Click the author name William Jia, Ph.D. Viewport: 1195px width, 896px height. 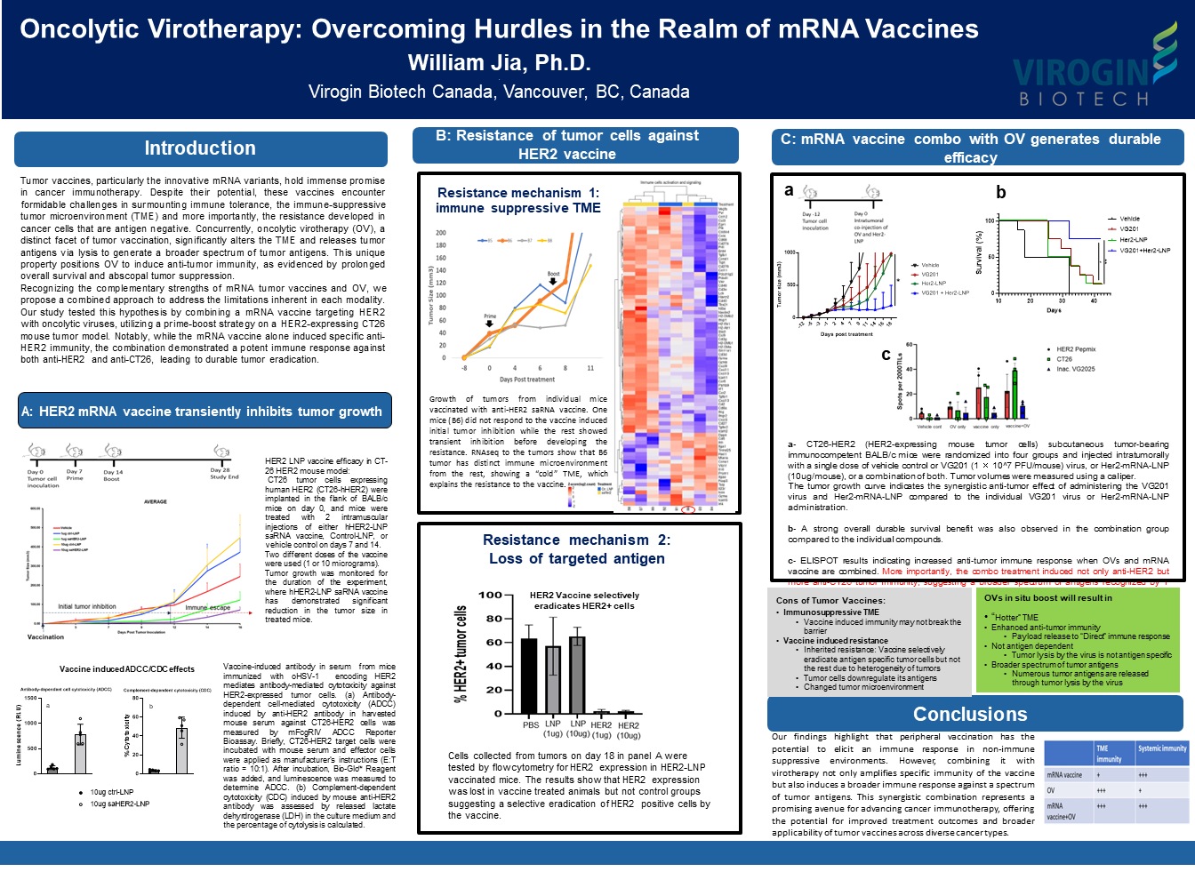click(499, 63)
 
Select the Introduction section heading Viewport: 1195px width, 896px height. click(200, 148)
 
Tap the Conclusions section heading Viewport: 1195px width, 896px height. click(970, 715)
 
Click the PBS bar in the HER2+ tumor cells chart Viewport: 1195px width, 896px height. click(529, 676)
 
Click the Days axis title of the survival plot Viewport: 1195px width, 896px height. click(1054, 310)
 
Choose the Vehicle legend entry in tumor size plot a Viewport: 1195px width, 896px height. click(930, 265)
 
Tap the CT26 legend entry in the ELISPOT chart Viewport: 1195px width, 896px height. click(1063, 359)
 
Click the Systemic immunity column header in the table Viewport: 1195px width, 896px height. click(1162, 748)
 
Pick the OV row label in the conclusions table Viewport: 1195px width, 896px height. click(1051, 790)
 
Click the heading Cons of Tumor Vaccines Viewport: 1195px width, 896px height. click(830, 600)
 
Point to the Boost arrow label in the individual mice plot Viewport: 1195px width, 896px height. click(553, 274)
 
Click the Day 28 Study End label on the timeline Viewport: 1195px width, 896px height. click(223, 473)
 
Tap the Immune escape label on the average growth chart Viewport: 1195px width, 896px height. click(207, 608)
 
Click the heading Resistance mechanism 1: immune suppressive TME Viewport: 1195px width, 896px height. click(518, 200)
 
